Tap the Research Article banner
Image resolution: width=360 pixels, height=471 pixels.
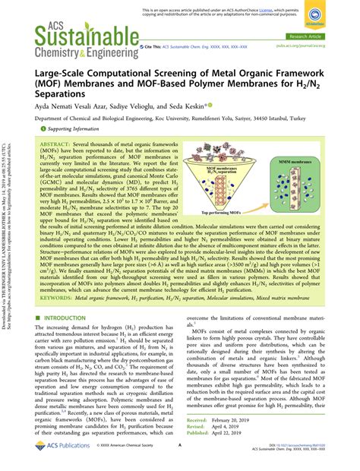321,36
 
